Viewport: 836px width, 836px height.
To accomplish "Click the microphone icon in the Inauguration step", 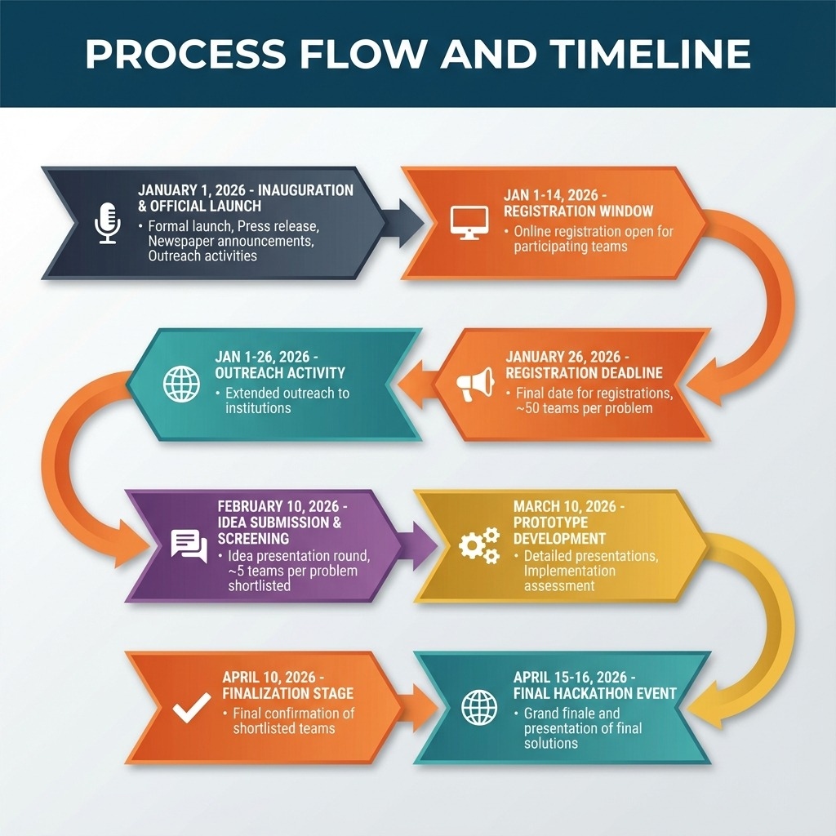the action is pyautogui.click(x=108, y=223).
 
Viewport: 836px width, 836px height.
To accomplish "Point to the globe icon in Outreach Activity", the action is pyautogui.click(x=182, y=384).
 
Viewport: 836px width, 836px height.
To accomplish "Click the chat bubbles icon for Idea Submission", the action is pyautogui.click(x=189, y=546).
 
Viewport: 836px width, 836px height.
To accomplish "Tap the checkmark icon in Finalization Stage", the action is pyautogui.click(x=192, y=708).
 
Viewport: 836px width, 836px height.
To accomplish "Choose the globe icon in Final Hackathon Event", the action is pyautogui.click(x=478, y=708).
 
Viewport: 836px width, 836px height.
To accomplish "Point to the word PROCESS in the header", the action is pyautogui.click(x=185, y=53).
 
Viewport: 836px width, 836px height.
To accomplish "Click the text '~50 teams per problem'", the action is pyautogui.click(x=585, y=409).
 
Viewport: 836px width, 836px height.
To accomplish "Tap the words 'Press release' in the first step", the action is pyautogui.click(x=278, y=226).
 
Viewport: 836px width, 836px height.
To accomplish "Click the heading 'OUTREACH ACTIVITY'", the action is pyautogui.click(x=280, y=372).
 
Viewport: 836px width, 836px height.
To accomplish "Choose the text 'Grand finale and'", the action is pyautogui.click(x=571, y=714).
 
